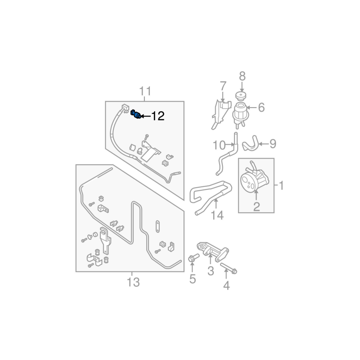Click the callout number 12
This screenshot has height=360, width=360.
158,116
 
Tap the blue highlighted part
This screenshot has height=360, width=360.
135,115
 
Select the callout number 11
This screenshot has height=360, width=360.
145,91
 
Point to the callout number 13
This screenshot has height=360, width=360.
133,282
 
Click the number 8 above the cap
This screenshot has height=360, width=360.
242,76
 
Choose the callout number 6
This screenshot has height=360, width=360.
261,108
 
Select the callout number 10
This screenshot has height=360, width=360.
219,145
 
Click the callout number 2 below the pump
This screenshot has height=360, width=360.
256,207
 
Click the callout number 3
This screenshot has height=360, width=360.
210,271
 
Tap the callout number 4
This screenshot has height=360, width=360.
226,285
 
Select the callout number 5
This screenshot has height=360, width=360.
193,279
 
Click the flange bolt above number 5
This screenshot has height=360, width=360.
193,258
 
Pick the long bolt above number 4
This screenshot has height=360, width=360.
229,268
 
